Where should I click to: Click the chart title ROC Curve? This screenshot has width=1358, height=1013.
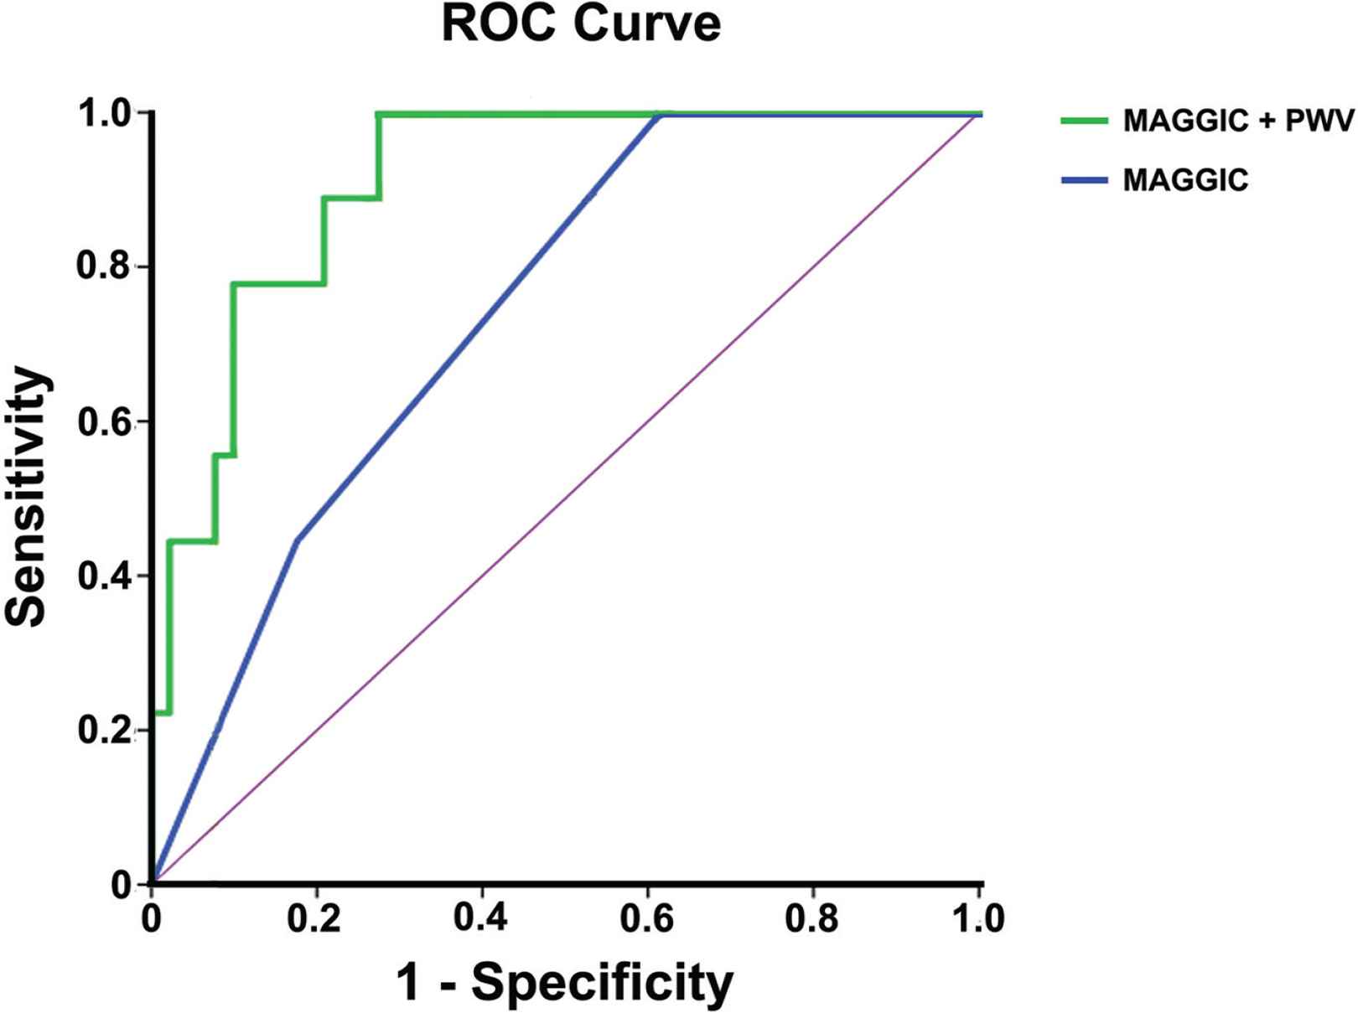click(580, 23)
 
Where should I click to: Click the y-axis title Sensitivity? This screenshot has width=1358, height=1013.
click(27, 496)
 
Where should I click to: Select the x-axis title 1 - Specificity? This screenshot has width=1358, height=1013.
click(564, 981)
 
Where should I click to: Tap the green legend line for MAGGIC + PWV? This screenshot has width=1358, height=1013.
click(1084, 121)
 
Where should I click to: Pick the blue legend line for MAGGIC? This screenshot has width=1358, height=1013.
click(1084, 180)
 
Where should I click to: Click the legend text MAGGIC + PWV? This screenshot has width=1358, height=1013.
click(1238, 121)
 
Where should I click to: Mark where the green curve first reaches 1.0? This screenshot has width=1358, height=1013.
click(379, 114)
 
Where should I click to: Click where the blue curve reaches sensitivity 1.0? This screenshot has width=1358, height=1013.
click(660, 116)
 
